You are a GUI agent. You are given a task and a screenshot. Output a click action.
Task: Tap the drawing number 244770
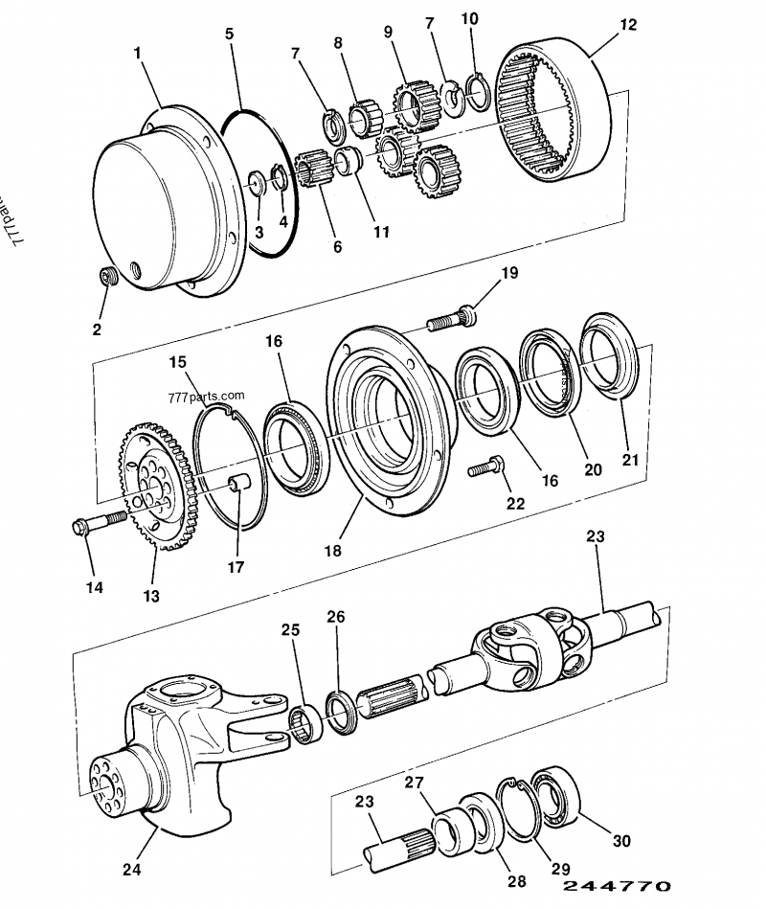(x=618, y=887)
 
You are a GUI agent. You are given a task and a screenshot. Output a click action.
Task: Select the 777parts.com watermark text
(x=205, y=395)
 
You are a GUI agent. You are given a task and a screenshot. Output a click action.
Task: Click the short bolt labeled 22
(x=484, y=469)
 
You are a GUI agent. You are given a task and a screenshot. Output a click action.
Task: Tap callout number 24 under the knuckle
(x=131, y=871)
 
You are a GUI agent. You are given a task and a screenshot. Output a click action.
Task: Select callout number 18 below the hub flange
(x=331, y=550)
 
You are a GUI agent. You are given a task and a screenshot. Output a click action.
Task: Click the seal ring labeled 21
(x=607, y=359)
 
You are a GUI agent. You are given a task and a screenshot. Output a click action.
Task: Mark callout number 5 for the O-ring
(x=230, y=34)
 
